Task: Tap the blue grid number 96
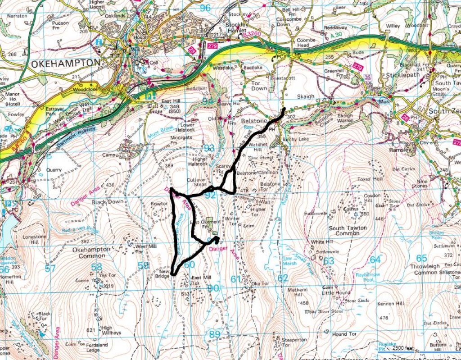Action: tap(205, 8)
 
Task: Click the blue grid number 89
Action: tap(214, 334)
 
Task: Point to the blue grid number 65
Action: tap(421, 258)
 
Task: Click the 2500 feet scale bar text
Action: tap(403, 348)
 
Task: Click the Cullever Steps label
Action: tap(196, 182)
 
